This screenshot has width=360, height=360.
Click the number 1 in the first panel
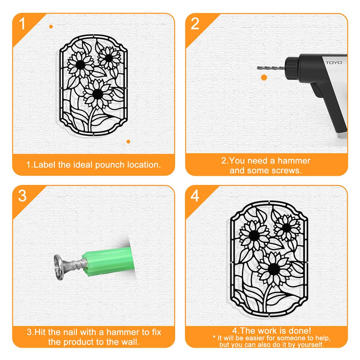pos(22,24)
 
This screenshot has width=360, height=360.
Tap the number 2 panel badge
pos(195,24)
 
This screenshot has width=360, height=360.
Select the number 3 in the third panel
pos(22,196)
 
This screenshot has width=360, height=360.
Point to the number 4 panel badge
pos(195,196)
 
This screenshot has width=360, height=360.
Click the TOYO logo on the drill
pos(334,63)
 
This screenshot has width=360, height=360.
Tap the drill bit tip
pos(258,68)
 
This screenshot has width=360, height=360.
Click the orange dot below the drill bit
pos(264,78)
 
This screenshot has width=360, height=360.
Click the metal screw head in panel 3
pos(59,267)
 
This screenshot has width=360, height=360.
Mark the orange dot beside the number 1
pos(51,27)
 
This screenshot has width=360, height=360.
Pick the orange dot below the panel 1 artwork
pos(128,142)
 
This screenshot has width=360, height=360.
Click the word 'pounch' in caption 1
pos(110,165)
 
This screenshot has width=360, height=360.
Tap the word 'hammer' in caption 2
pos(294,161)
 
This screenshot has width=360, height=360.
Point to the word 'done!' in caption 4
pos(300,331)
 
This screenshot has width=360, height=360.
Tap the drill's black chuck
pos(292,69)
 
